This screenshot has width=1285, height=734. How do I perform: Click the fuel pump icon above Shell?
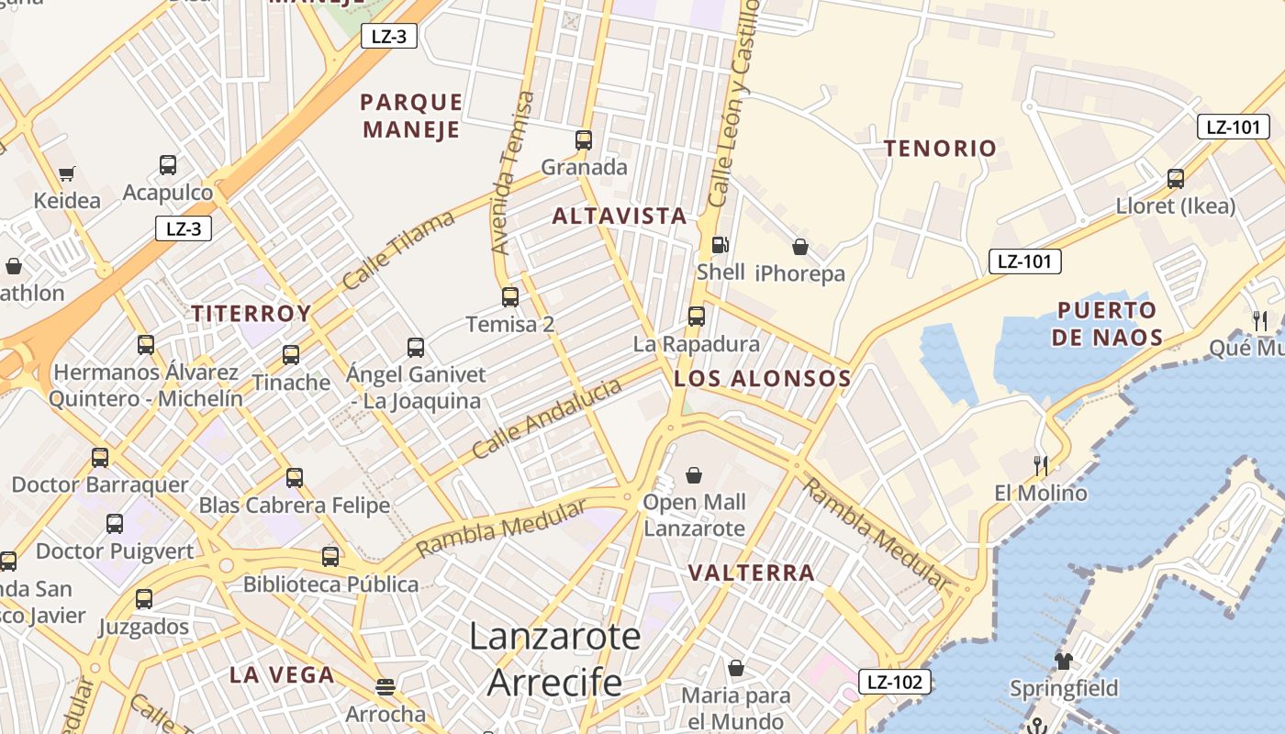coord(721,245)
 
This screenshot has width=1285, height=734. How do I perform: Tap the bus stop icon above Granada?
coord(584,140)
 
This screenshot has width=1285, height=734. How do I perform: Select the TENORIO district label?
coord(940,149)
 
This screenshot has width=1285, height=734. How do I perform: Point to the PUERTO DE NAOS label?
coord(1107,323)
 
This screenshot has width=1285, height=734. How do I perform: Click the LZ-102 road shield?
coord(895,682)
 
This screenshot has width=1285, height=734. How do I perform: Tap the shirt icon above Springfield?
coord(1064,661)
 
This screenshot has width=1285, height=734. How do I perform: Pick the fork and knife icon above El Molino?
coord(1040,466)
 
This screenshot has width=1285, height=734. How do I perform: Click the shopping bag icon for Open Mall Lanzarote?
coord(694,475)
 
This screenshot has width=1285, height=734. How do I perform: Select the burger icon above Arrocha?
coord(385,686)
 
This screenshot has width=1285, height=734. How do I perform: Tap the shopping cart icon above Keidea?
coord(66,173)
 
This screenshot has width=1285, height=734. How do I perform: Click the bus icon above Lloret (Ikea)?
coord(1176,179)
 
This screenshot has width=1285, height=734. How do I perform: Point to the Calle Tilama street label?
coord(398,250)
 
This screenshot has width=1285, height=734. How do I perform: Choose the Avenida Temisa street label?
coord(512,172)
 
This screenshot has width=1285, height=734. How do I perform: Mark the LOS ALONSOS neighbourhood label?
coord(762,379)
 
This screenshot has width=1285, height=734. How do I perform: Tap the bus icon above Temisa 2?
coord(510,297)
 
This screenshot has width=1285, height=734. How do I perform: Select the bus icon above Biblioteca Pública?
coord(330,557)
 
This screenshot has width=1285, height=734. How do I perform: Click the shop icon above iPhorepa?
coord(799,247)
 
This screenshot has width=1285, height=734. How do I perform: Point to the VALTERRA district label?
coord(751,573)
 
